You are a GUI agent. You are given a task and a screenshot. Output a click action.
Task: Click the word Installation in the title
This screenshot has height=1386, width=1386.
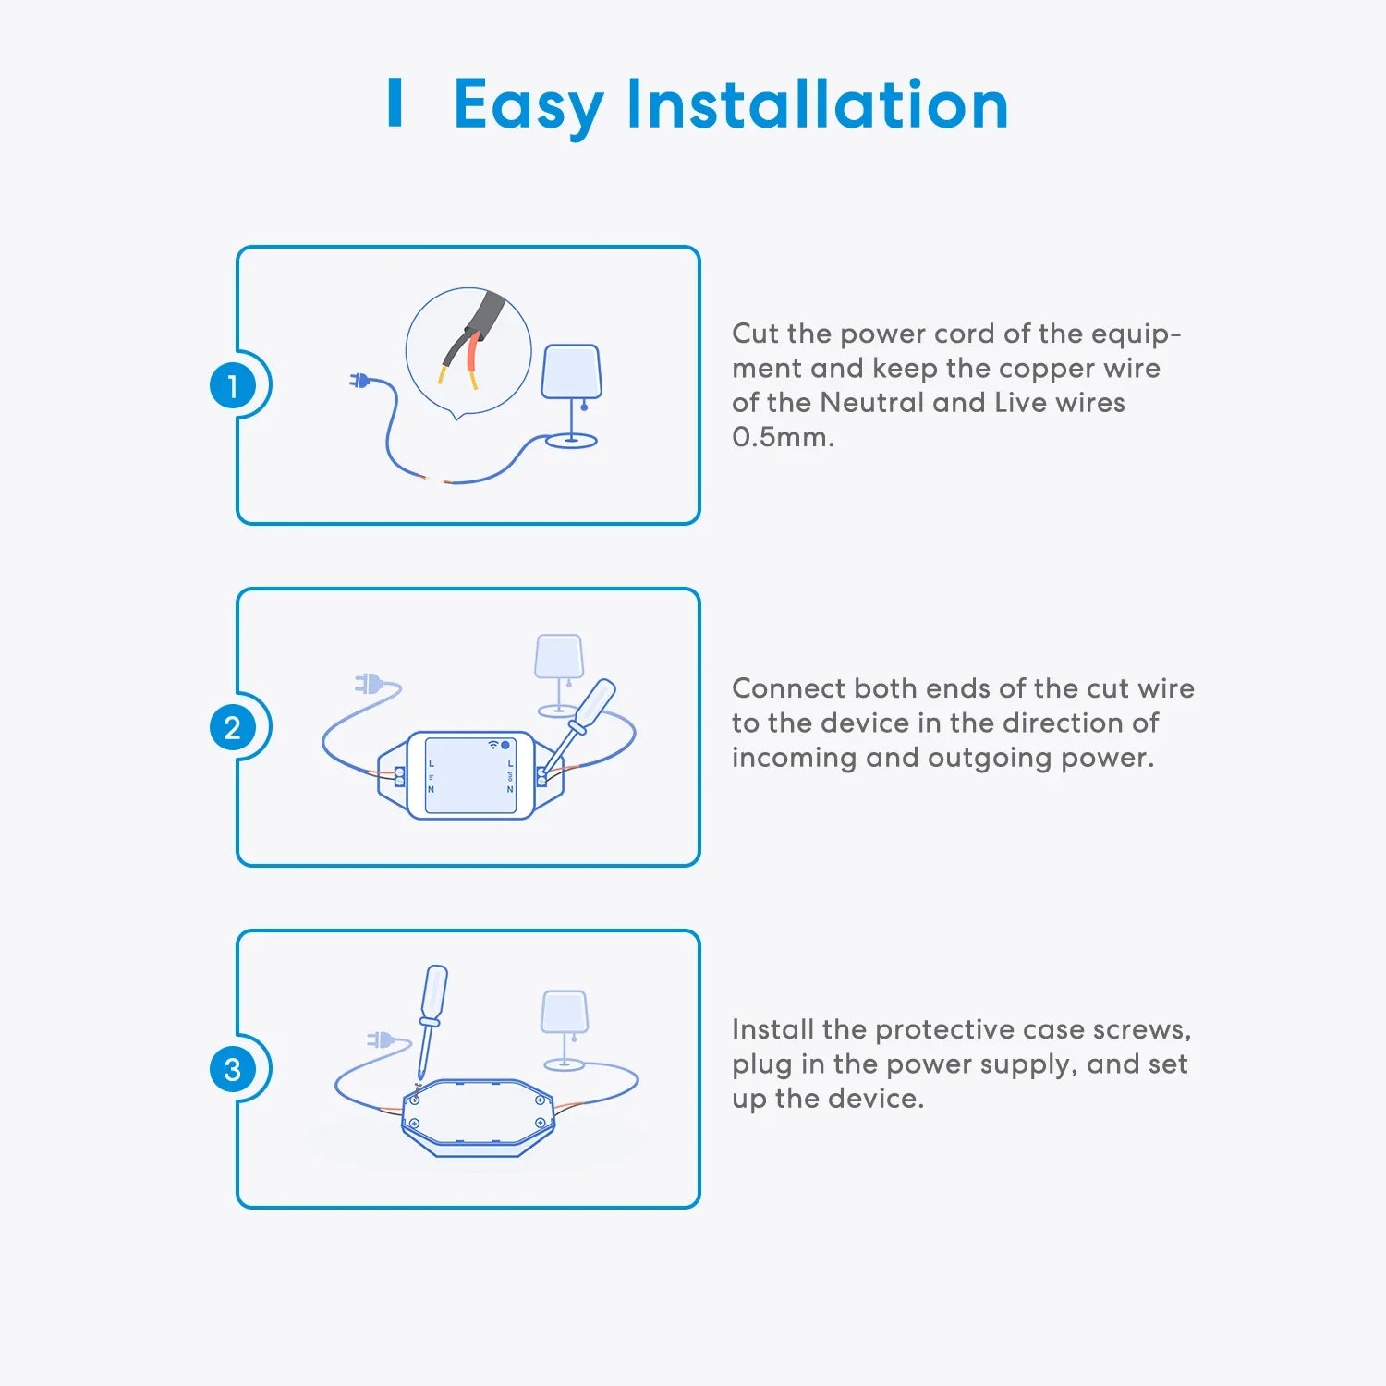[818, 103]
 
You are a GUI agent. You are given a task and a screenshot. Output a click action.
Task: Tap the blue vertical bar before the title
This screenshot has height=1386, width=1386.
[395, 103]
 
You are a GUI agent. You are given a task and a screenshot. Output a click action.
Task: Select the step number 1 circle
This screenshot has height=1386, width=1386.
[232, 385]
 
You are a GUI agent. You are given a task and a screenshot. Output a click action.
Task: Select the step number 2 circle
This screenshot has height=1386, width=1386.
[232, 727]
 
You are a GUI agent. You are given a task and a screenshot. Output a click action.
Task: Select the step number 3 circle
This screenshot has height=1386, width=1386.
[232, 1069]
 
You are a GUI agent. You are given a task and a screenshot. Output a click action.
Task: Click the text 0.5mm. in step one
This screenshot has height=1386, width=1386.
[784, 437]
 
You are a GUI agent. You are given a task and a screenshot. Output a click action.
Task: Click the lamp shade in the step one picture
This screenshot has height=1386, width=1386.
[571, 372]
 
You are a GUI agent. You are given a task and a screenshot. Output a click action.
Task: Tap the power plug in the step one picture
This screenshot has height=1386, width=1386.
[360, 380]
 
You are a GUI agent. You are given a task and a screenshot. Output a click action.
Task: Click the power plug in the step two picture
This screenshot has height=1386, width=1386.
[370, 685]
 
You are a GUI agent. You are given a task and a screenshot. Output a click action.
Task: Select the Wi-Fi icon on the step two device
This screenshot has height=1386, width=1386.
[493, 745]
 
